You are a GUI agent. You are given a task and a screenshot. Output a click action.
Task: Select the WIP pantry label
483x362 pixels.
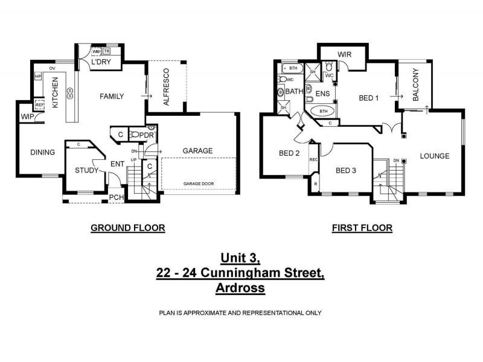pyautogui.click(x=27, y=116)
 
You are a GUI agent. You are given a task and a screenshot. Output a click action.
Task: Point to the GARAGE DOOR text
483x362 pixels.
pyautogui.click(x=199, y=183)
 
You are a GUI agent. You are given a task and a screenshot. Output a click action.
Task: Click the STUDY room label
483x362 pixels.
pyautogui.click(x=86, y=170)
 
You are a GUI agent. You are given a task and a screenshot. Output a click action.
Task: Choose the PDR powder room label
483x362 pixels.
pyautogui.click(x=147, y=135)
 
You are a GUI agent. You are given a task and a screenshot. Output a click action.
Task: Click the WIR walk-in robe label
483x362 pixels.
pyautogui.click(x=345, y=54)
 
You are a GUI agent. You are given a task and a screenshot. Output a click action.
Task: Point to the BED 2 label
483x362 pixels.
pyautogui.click(x=289, y=153)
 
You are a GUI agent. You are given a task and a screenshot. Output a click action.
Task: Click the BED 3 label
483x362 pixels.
pyautogui.click(x=346, y=170)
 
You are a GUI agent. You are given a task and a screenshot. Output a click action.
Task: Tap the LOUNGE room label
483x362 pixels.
pyautogui.click(x=435, y=156)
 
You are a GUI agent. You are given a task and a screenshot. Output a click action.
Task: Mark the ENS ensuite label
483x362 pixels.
pyautogui.click(x=322, y=94)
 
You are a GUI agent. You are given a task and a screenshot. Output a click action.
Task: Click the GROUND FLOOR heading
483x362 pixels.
pyautogui.click(x=127, y=228)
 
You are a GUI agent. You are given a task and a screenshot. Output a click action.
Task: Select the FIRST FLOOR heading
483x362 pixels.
pyautogui.click(x=362, y=228)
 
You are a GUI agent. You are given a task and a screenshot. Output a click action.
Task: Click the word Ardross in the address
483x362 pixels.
pyautogui.click(x=240, y=288)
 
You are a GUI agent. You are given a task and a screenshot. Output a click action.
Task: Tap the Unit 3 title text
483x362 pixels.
pyautogui.click(x=240, y=258)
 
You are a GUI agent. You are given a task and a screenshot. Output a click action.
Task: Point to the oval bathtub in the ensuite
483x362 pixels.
pyautogui.click(x=324, y=111)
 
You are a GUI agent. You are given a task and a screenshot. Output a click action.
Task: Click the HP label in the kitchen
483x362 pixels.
pyautogui.click(x=38, y=77)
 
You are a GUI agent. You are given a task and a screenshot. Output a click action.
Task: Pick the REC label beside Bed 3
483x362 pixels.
pyautogui.click(x=313, y=160)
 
